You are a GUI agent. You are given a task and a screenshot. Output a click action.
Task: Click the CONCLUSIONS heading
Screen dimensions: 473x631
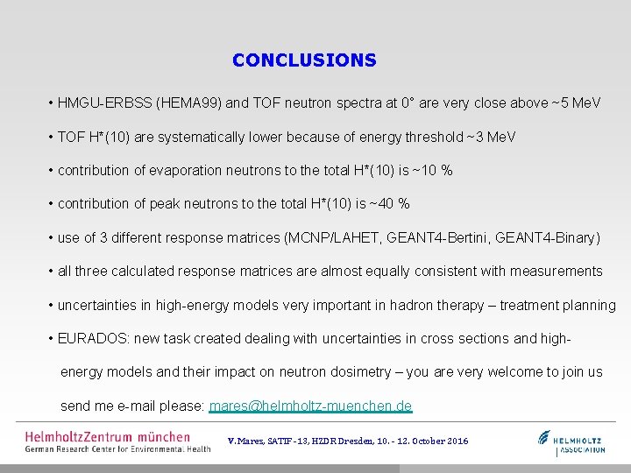(x=304, y=60)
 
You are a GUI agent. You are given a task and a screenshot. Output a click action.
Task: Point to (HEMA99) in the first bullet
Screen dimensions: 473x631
(x=188, y=103)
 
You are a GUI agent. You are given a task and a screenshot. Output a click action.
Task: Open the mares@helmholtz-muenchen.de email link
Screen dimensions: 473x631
(x=310, y=406)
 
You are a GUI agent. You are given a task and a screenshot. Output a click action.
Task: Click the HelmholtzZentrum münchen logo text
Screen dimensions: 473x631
(x=107, y=436)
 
